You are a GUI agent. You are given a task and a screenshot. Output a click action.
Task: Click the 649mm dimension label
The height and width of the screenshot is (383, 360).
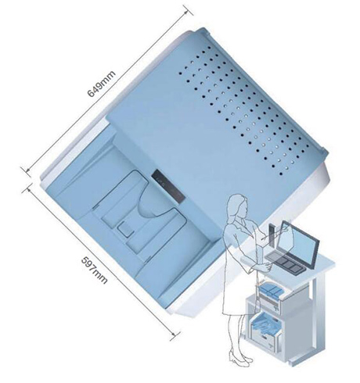tap(101, 84)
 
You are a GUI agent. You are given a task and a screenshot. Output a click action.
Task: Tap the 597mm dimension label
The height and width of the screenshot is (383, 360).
tap(94, 270)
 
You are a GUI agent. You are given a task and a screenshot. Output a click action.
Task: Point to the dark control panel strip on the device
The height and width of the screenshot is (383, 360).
tap(168, 186)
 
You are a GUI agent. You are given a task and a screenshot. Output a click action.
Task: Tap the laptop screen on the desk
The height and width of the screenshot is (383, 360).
tap(299, 244)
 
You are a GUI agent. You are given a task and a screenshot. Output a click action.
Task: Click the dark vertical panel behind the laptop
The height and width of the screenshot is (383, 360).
tap(272, 236)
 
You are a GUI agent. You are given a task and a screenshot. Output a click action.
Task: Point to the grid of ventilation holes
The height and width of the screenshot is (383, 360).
tap(244, 110)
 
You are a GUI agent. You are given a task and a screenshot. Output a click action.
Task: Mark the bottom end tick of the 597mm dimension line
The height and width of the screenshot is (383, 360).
tap(175, 336)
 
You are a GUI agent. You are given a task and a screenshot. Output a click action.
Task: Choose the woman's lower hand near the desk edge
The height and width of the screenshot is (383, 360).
tap(267, 267)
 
